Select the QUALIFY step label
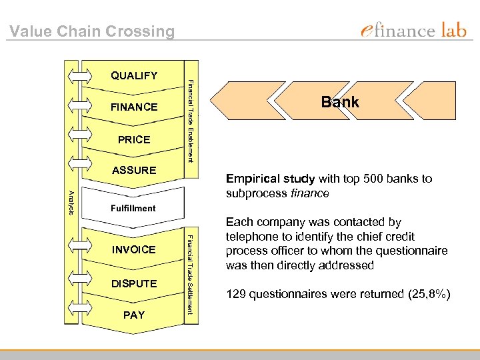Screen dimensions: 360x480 tap(134, 75)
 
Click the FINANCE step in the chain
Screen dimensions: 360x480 tap(134, 107)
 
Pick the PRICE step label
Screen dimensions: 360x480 tap(134, 139)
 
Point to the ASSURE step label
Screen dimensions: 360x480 tap(134, 170)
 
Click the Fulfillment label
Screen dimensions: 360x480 tap(133, 208)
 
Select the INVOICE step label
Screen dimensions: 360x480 tap(134, 249)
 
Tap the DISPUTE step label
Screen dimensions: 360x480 tap(134, 283)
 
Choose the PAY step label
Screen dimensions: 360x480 tap(134, 315)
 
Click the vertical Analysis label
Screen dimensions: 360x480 tap(71, 203)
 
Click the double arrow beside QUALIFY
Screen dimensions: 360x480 tap(79, 75)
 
